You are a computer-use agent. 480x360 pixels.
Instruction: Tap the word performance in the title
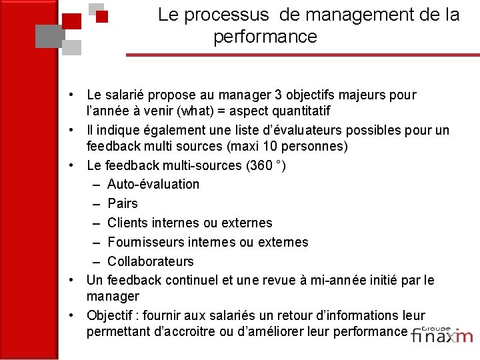[265, 37]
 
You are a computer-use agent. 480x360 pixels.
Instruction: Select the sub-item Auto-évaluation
[153, 184]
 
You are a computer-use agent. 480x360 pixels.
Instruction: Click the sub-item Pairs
[123, 203]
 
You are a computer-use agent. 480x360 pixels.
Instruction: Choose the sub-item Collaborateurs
[151, 261]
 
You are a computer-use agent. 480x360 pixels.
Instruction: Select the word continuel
[193, 281]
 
